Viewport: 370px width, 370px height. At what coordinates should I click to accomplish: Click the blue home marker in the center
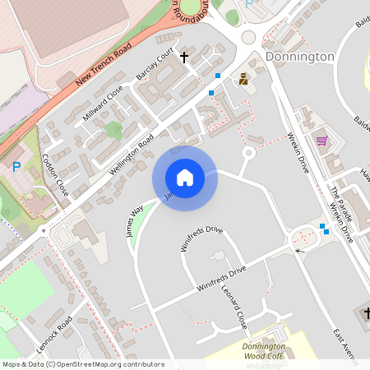pos(185,177)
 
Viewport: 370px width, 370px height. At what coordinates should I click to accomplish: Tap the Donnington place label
pos(300,57)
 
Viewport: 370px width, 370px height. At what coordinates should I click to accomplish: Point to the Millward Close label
pos(103,103)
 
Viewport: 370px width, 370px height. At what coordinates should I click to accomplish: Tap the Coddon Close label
pos(56,174)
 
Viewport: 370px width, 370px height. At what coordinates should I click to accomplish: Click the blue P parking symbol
pos(16,167)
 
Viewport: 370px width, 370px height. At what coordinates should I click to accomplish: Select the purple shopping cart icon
pos(321,140)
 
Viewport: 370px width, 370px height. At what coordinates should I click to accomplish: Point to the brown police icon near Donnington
pos(243,80)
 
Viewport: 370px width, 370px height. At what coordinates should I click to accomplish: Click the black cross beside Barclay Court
pos(183,58)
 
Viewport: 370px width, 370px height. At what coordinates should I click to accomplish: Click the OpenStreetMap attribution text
pos(84,363)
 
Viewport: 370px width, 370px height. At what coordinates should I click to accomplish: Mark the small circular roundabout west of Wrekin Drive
pos(249,152)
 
